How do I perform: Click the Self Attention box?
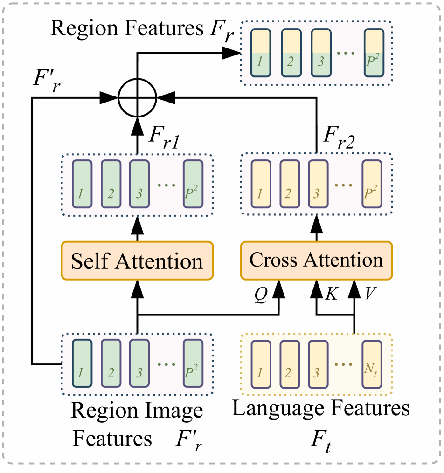137,260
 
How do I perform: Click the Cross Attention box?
316,260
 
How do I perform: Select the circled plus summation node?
137,97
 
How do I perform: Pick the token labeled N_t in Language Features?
373,364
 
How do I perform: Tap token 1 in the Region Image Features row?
82,364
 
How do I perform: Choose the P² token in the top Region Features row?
375,53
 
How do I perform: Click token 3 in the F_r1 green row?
139,184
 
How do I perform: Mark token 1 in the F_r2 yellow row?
261,184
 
